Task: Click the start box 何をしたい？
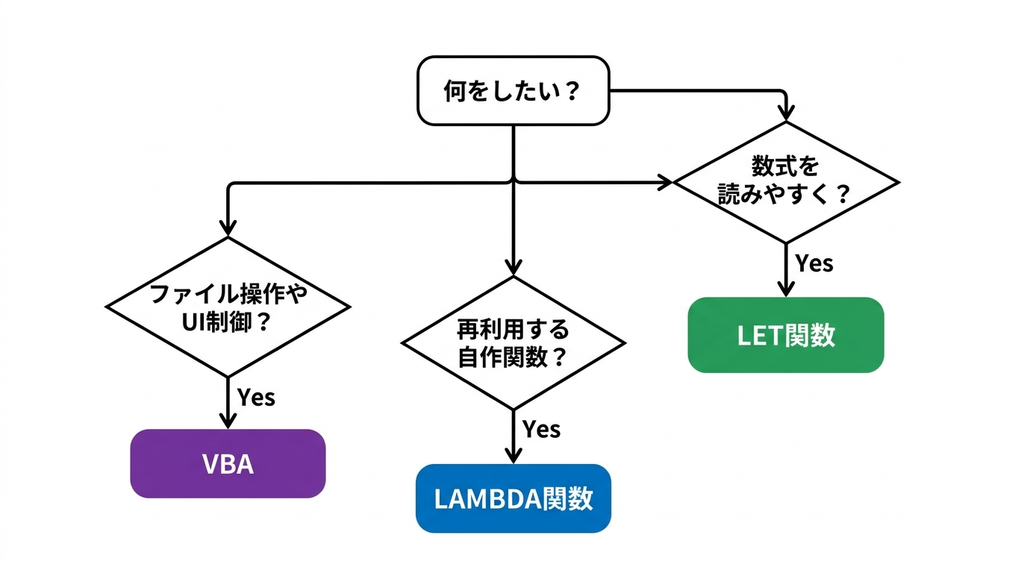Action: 513,90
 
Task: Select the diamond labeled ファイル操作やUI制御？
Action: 228,307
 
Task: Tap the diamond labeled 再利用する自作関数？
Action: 513,342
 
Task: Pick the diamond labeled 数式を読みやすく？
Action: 786,181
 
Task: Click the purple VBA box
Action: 228,463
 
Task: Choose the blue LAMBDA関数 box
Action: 513,498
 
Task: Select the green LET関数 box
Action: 785,335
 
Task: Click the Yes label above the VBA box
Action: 256,397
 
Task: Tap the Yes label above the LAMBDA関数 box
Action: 541,430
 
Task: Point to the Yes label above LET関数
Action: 814,263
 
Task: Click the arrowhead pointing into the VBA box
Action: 228,420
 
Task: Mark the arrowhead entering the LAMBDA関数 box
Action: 513,454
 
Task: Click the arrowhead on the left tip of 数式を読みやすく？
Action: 664,181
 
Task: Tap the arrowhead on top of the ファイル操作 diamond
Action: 228,227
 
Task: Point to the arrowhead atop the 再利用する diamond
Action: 513,266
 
